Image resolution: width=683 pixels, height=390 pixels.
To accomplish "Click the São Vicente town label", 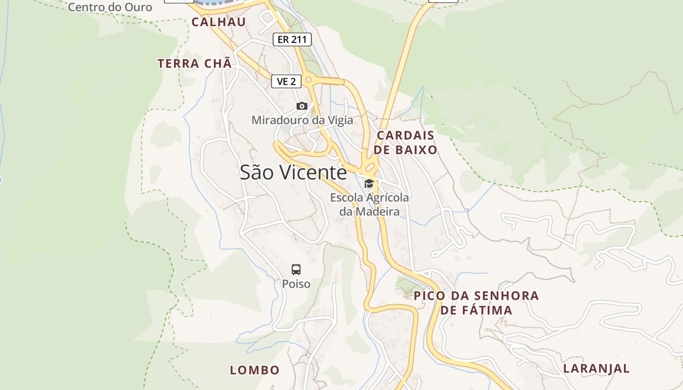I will (293, 173).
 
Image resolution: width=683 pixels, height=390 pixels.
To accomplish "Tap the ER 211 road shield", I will (292, 39).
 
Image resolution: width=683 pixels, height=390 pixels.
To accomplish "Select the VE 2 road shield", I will (286, 81).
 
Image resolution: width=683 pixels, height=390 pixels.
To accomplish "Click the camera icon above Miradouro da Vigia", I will (302, 106).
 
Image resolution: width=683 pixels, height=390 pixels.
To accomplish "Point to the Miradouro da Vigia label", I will (302, 120).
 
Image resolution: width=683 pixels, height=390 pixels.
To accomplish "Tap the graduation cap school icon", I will (369, 184).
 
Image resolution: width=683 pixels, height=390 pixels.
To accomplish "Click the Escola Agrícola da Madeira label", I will (369, 204).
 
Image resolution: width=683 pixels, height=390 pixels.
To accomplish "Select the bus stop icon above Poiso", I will (296, 269).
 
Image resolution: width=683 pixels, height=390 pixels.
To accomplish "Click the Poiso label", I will (296, 284).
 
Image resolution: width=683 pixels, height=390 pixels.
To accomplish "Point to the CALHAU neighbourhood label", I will (219, 22).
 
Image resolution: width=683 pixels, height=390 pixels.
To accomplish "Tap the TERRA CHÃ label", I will (194, 63).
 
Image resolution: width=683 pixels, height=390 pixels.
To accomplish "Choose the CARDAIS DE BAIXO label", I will (406, 142).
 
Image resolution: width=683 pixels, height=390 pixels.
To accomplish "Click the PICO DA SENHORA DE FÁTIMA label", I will (476, 303).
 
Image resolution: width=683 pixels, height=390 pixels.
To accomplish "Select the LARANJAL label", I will (597, 369).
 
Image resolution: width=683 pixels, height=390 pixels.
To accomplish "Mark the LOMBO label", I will (255, 370).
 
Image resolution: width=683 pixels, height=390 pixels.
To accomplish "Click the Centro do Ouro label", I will (110, 7).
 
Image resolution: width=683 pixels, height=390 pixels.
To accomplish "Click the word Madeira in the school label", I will (377, 212).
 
